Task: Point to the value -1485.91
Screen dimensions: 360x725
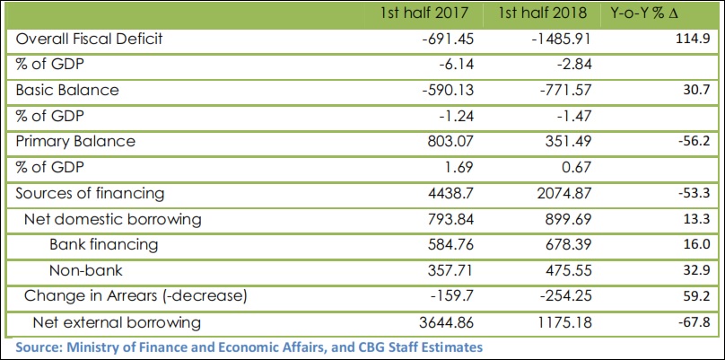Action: (555, 40)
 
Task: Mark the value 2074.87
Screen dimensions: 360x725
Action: (562, 193)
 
